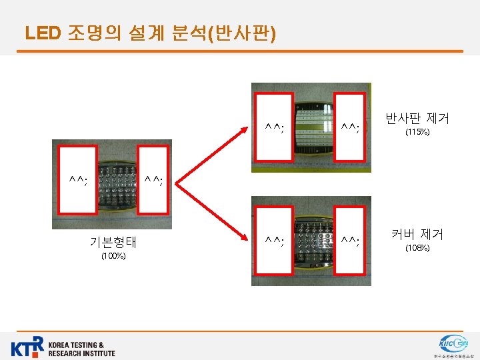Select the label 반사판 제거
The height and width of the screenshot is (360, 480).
[417, 119]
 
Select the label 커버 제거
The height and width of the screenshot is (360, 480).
[417, 234]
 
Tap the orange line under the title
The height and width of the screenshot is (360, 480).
[240, 51]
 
